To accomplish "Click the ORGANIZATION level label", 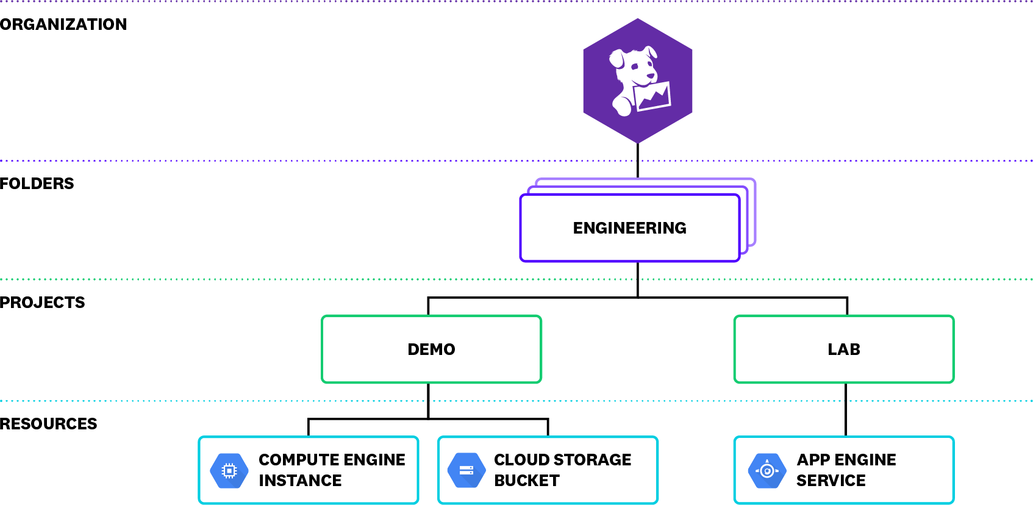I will click(63, 24).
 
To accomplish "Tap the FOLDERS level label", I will click(37, 184).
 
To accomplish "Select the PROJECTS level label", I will click(43, 303).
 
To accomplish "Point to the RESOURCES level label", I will click(49, 424).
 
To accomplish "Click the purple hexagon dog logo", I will click(638, 81).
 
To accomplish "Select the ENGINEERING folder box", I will click(629, 228).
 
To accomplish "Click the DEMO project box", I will click(431, 349).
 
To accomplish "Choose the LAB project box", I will click(844, 349).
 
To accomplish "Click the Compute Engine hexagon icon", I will click(229, 470).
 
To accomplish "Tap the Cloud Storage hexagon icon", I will click(466, 470).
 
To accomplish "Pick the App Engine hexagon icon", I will click(767, 470).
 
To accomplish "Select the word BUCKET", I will click(527, 481).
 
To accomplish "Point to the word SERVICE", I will click(831, 481).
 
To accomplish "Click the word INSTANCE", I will click(300, 481).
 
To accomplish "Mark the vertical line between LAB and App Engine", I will click(846, 409).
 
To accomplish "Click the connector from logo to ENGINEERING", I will click(638, 161).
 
